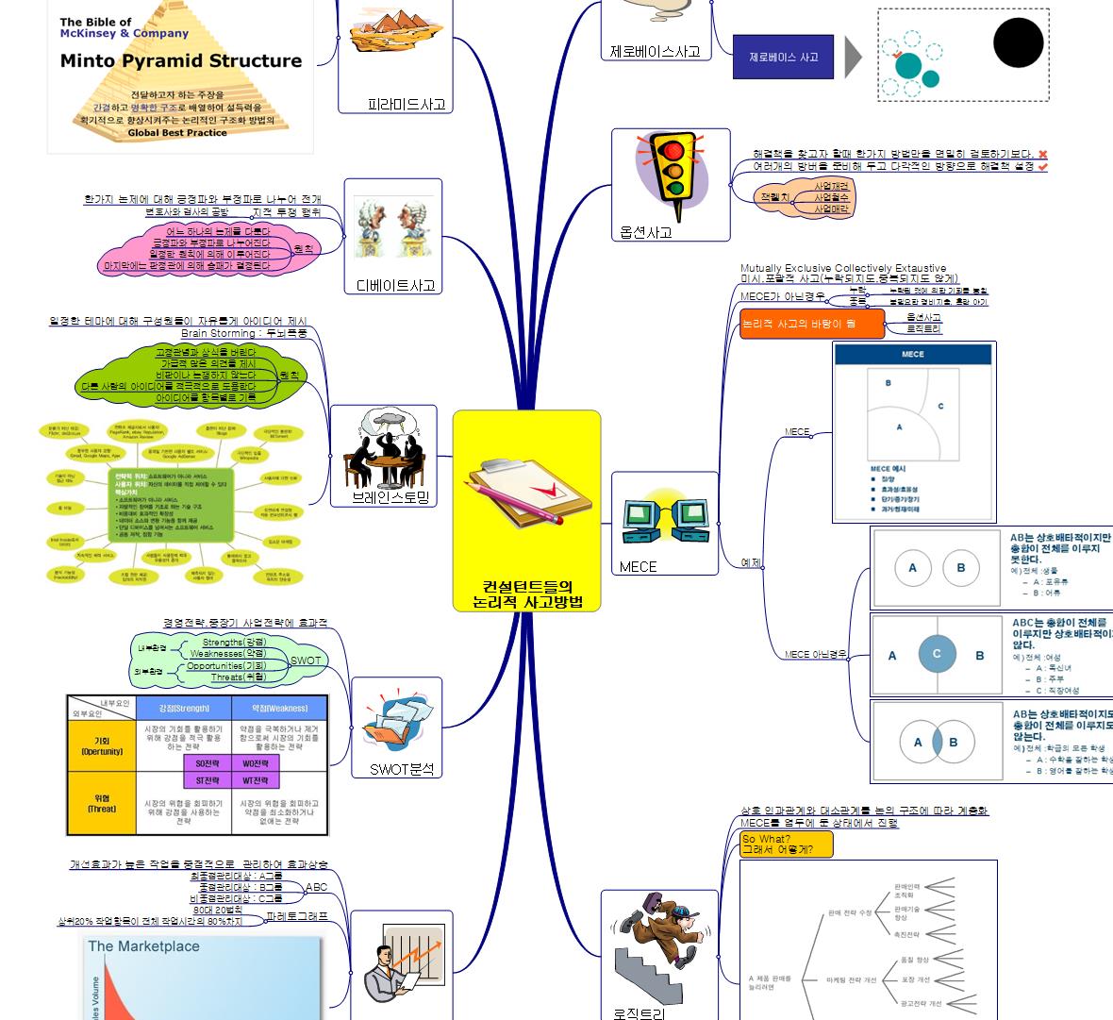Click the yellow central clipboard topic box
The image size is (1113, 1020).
(x=526, y=510)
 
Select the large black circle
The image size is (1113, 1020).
(x=1018, y=42)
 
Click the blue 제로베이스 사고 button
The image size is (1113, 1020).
(x=783, y=58)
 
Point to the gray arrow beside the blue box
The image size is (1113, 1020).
(x=853, y=58)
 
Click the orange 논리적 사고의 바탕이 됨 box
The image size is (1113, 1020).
(x=811, y=324)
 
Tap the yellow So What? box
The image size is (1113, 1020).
(x=786, y=844)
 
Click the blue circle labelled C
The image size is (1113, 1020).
(x=937, y=653)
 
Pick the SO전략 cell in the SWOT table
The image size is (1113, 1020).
(x=208, y=763)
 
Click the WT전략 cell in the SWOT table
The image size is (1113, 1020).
(x=256, y=780)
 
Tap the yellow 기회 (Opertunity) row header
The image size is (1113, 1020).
(x=102, y=745)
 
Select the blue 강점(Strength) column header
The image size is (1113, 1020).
(x=183, y=708)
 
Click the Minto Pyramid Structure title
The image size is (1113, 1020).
(x=181, y=61)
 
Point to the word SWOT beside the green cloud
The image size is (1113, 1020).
(x=306, y=660)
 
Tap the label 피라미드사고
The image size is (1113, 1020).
(x=407, y=105)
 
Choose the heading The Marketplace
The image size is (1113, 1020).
(x=143, y=946)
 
